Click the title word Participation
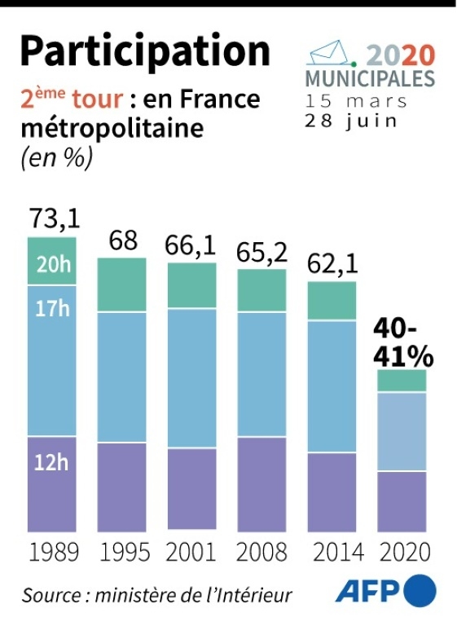[145, 51]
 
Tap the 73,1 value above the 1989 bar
[55, 218]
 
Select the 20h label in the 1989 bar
[54, 264]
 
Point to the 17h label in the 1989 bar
[52, 308]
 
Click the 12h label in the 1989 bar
[51, 462]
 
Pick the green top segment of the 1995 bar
[121, 284]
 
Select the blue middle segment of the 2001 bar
[192, 377]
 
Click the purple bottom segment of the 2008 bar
[261, 484]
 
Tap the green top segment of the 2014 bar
[332, 301]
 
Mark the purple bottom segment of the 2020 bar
[402, 501]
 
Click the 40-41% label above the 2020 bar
[403, 344]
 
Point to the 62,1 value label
[332, 263]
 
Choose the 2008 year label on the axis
[261, 552]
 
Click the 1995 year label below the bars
[125, 552]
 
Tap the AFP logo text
[368, 592]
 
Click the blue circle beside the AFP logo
[420, 590]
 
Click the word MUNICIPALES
[370, 78]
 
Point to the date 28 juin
[351, 120]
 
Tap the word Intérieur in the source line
[257, 595]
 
